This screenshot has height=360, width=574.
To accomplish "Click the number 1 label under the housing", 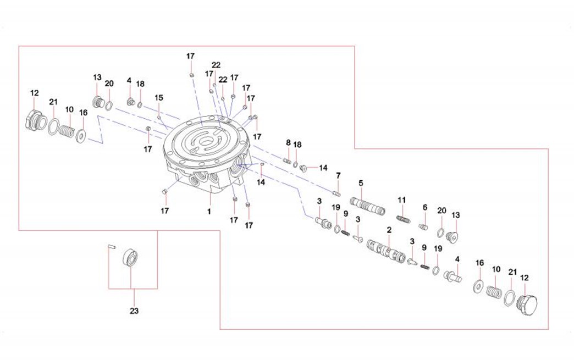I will click(209, 210).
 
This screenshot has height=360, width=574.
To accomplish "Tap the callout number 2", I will click(389, 229).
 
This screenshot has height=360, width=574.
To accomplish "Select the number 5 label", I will click(361, 182).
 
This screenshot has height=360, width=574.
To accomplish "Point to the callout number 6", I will click(424, 207).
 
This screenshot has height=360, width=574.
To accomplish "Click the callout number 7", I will click(338, 175).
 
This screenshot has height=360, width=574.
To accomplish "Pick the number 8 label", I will click(288, 143).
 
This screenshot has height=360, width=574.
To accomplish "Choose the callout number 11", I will click(401, 199).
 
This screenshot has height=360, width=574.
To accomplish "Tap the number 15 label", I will click(159, 97).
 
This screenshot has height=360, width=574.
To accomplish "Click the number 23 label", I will click(134, 311).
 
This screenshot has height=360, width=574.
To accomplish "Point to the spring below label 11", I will click(402, 219).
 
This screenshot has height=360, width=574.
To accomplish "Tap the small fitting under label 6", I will click(423, 225).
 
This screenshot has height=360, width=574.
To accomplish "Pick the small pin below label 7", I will click(336, 192).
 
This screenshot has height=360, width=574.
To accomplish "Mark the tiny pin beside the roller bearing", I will click(110, 247).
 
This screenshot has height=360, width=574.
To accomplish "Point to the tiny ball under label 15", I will click(158, 117).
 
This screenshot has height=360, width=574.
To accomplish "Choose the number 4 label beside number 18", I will click(129, 80).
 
